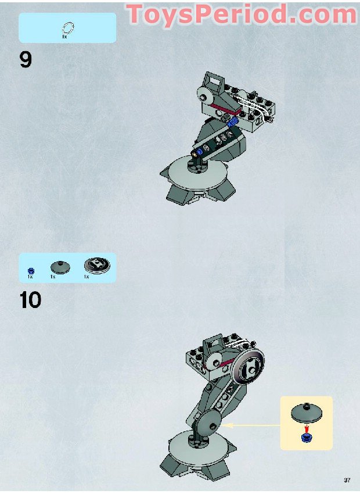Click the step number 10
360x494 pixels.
tap(30, 300)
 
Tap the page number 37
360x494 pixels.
tap(347, 480)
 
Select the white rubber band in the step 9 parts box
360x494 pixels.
tap(67, 27)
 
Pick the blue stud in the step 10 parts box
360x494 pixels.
tap(31, 270)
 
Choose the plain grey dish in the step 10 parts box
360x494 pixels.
tap(59, 267)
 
